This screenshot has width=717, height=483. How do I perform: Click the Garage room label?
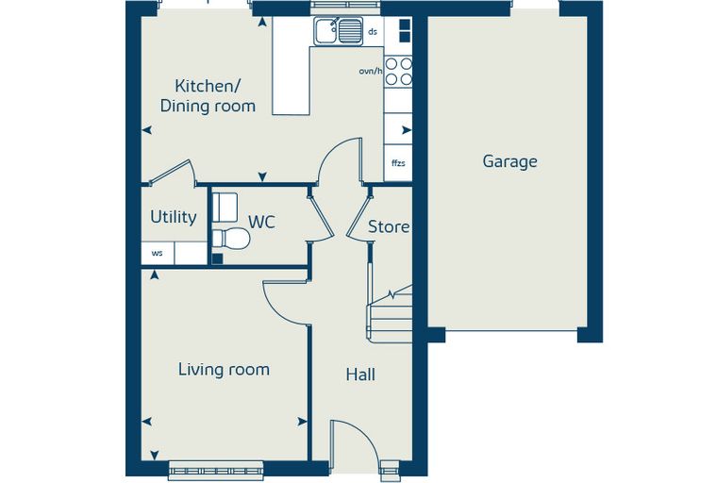coord(509,162)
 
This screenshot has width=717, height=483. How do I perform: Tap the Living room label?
coord(224,370)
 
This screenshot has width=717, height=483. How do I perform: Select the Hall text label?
coord(360,375)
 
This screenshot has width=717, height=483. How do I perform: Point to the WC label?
coord(262,222)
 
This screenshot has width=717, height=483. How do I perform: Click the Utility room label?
coord(174,217)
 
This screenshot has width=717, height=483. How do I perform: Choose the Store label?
coord(389,226)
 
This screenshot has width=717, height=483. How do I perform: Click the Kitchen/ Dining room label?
coord(208,96)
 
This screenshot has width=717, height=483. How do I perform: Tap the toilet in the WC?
coord(231,239)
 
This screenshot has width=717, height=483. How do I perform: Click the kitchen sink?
coord(339,30)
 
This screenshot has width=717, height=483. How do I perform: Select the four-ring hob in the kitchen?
coord(398,72)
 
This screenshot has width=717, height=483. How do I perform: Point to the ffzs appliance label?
coord(398,163)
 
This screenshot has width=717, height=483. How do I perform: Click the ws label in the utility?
coord(157,253)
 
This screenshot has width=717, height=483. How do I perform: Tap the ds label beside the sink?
coord(374,31)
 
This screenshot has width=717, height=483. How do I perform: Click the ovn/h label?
coord(371,71)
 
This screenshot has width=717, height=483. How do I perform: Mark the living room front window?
coord(216,471)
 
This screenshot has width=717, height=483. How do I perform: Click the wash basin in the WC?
coord(225,208)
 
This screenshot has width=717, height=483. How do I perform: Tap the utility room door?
coord(172,171)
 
